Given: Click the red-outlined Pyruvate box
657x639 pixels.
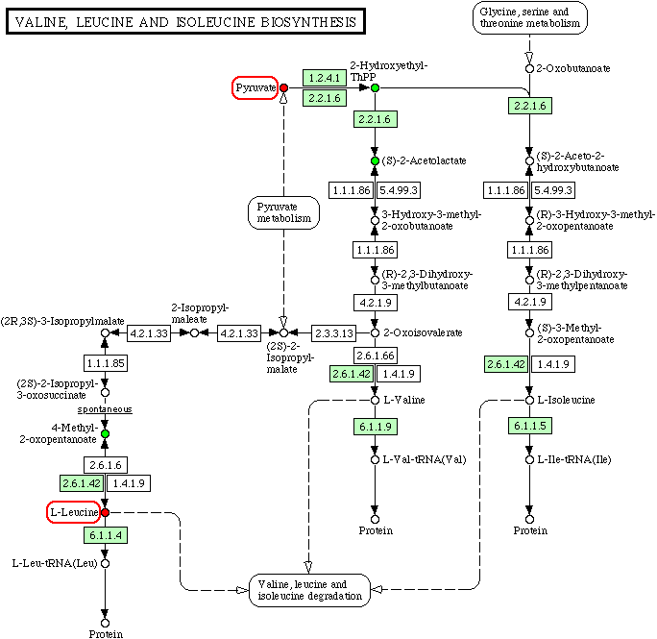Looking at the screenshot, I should tap(255, 88).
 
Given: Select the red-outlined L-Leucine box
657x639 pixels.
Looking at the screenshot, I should tap(73, 513).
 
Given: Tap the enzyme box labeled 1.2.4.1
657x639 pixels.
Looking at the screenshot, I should tap(324, 77).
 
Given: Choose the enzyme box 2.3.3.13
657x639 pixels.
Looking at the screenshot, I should tap(334, 333).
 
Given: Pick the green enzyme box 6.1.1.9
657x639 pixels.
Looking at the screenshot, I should tap(375, 425).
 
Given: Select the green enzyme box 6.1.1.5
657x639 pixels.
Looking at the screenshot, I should tap(529, 425).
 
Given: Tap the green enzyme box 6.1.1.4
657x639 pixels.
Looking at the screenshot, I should tap(107, 535).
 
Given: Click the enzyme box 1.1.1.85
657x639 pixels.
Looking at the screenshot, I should tap(107, 364).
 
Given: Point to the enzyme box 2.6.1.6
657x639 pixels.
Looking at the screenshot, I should tap(107, 464).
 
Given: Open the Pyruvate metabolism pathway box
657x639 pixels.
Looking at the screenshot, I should tap(283, 212).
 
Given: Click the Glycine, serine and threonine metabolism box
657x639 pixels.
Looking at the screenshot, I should tap(529, 17).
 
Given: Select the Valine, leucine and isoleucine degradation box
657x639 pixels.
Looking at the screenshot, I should tap(309, 590).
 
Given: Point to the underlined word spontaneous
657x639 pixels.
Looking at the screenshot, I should tap(107, 409).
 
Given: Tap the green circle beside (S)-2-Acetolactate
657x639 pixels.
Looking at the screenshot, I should tap(376, 160).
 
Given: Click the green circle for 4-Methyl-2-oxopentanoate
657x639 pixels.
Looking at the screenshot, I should tap(106, 435).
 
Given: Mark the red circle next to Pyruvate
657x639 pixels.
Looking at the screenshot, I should tap(283, 88).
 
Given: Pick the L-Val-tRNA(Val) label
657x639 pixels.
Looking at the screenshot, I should tap(425, 459).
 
